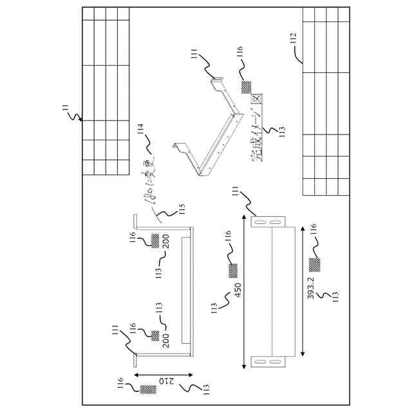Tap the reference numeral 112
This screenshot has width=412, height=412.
pos(294,39)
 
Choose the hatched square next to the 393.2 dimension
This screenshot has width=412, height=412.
pos(314,264)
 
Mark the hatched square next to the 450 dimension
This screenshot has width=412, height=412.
pos(233,270)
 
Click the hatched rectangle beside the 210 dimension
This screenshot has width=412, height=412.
pos(148,389)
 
